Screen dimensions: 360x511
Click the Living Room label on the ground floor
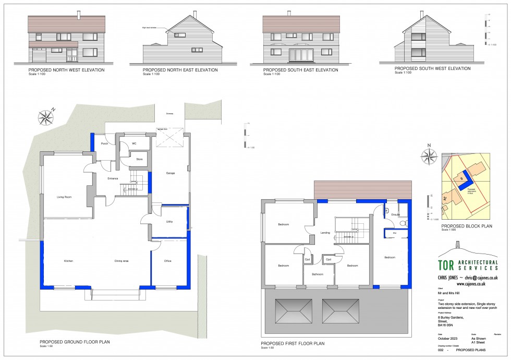[x=64, y=197]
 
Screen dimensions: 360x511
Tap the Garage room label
[x=170, y=173]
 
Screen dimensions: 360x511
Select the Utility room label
[x=169, y=222]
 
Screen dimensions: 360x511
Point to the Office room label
[x=167, y=261]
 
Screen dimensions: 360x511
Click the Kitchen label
[x=68, y=261]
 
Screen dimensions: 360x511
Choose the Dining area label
[x=121, y=261]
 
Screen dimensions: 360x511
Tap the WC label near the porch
[x=134, y=143]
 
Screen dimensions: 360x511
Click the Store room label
[x=139, y=159]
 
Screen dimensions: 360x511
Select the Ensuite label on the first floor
[x=395, y=214]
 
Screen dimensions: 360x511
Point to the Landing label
[x=325, y=233]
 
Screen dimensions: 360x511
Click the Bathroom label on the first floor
[x=318, y=274]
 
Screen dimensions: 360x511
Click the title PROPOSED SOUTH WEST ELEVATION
[x=432, y=68]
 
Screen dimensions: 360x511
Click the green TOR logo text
[x=446, y=265]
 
